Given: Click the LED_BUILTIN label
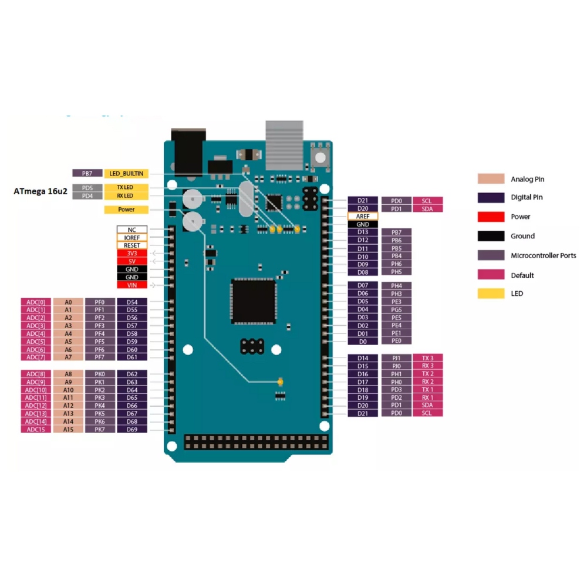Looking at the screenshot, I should click(126, 173).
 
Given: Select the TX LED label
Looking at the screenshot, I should click(126, 187).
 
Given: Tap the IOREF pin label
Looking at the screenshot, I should click(131, 238).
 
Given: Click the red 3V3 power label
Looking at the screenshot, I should click(131, 253).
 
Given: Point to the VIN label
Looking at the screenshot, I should click(131, 285).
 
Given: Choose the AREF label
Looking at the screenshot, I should click(363, 216).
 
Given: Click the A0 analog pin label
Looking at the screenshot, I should click(68, 302).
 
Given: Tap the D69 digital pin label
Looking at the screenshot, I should click(132, 430).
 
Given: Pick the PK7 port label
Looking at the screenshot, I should click(100, 430).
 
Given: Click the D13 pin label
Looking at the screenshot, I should click(363, 232).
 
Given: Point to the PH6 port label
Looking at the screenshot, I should click(397, 264).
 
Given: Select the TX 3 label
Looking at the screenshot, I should click(428, 357).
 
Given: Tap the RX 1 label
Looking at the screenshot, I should click(428, 397).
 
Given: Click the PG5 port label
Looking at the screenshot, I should click(397, 309).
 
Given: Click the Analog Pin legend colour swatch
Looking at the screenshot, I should click(491, 179).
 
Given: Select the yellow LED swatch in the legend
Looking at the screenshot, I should click(491, 293).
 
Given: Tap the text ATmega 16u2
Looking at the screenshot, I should click(39, 191).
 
